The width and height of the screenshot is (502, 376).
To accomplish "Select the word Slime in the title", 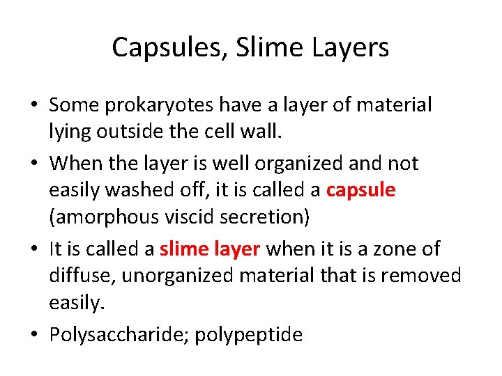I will click(x=259, y=47).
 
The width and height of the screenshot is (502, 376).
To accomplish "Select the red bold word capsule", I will click(x=360, y=189).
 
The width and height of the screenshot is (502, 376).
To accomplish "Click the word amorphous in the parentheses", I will click(x=104, y=217).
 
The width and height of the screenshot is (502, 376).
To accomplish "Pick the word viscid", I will click(x=190, y=217).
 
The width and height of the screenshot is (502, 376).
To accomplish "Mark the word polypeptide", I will click(x=249, y=335).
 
